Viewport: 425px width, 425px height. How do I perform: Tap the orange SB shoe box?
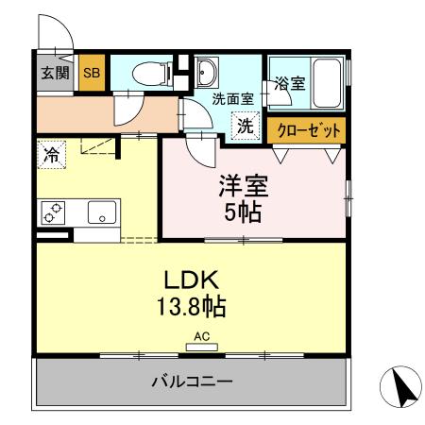coord(92,73)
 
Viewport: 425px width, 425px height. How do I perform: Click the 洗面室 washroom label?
coord(230,98)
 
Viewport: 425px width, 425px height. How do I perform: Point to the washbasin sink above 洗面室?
coord(207,71)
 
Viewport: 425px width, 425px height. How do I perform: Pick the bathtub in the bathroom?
coord(326,83)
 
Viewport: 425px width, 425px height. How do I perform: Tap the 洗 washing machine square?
coord(246,125)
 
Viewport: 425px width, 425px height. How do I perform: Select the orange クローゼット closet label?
coord(305,130)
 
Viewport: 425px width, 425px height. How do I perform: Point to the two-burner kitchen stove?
coord(55,213)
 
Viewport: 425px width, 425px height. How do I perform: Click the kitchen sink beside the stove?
coord(100,213)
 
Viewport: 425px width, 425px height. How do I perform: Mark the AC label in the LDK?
coord(201,335)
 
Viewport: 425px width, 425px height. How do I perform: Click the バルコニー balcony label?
coord(193,382)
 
